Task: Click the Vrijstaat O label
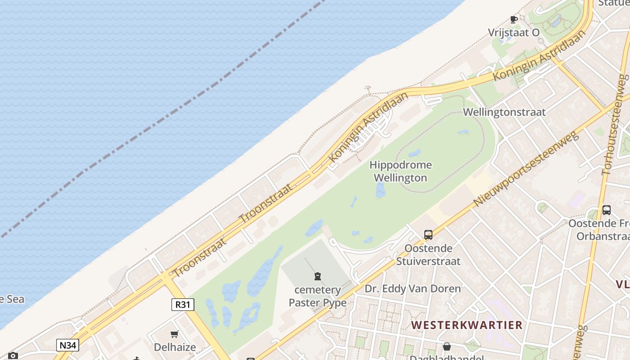(x=513, y=32)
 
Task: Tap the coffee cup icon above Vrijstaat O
(x=513, y=19)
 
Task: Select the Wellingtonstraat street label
(x=504, y=112)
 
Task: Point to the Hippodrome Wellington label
(x=400, y=171)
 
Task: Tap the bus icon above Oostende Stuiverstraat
(x=428, y=235)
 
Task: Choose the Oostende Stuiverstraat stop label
(x=428, y=255)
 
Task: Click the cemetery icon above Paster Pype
(x=318, y=276)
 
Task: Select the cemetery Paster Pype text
(x=318, y=296)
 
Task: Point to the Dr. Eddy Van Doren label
(x=413, y=288)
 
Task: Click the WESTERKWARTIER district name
(x=467, y=325)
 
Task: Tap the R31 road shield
(x=183, y=305)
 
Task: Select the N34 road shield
(x=68, y=345)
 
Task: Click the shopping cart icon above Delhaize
(x=175, y=334)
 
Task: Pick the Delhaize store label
(x=175, y=347)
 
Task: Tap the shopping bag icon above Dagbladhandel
(x=447, y=346)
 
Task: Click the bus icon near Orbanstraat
(x=606, y=210)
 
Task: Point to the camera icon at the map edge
(x=13, y=356)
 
